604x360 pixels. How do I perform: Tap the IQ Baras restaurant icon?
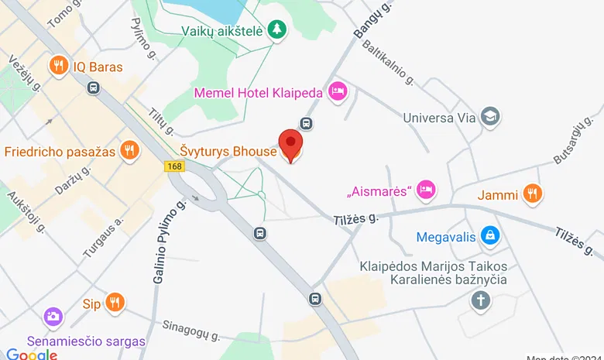click(57, 67)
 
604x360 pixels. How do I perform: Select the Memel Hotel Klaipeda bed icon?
click(338, 92)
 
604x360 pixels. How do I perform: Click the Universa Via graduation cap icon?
click(489, 118)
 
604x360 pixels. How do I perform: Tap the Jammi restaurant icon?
click(531, 194)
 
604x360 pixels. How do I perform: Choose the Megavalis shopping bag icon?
click(489, 235)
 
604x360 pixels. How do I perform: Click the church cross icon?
click(481, 300)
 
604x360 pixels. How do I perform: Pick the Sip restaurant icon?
click(115, 303)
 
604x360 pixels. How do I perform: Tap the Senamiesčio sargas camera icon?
click(53, 317)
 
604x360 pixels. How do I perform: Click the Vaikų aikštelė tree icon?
click(276, 29)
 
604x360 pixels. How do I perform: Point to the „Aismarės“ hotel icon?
click(425, 189)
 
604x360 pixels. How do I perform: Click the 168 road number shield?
click(173, 166)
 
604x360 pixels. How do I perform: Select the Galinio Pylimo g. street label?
click(170, 240)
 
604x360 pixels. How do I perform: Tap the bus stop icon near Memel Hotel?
click(307, 123)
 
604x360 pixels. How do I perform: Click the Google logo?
click(32, 354)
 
